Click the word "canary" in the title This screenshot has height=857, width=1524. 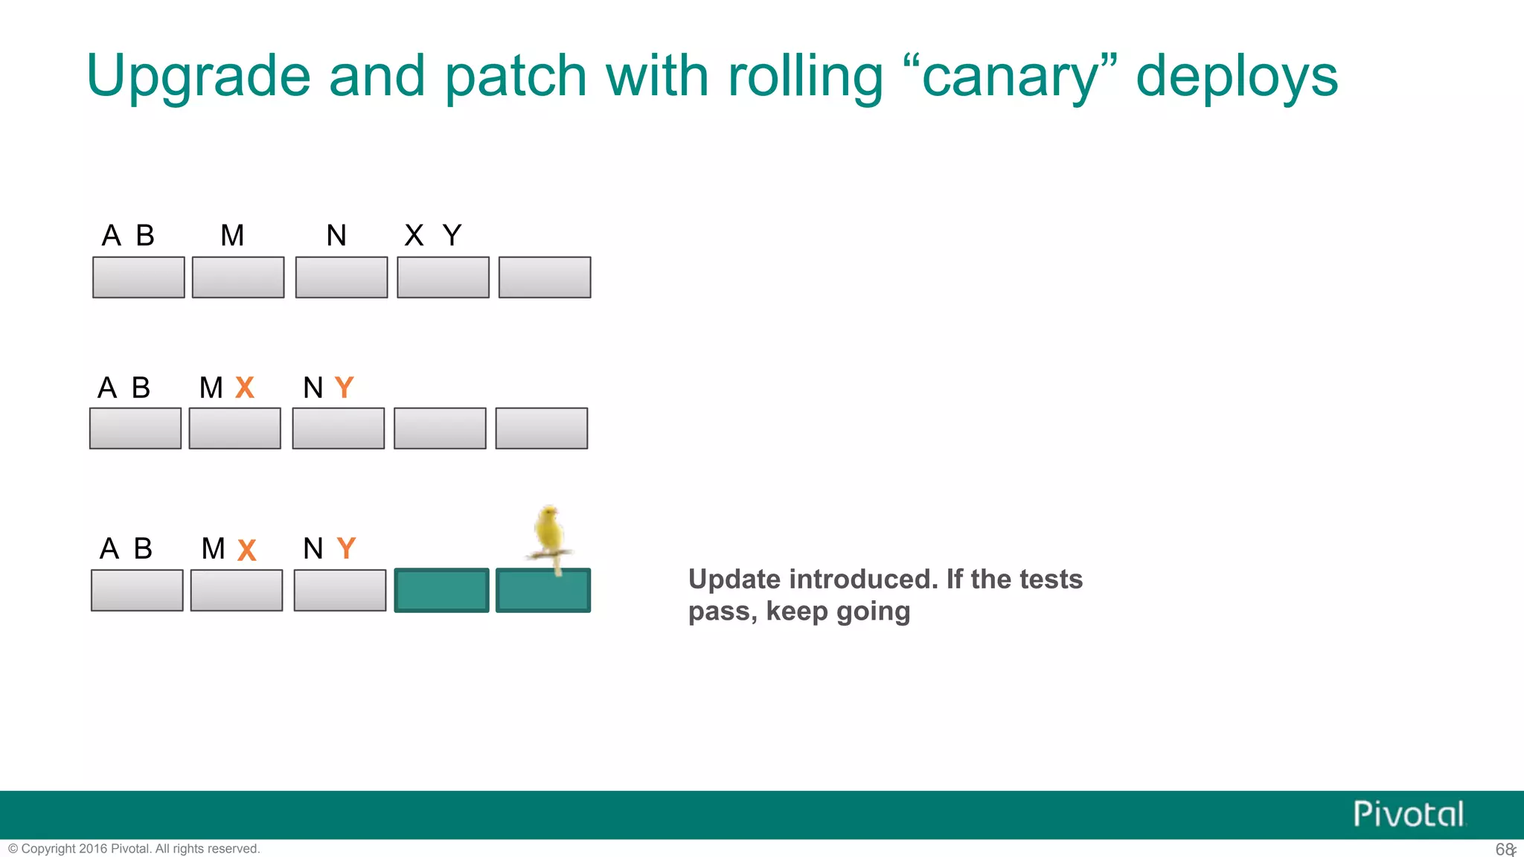(x=1009, y=77)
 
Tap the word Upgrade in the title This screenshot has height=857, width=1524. (x=198, y=77)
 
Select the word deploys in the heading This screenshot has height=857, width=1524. (x=1237, y=77)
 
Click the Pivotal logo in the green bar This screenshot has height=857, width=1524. (x=1408, y=814)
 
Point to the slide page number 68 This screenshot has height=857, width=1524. (x=1504, y=849)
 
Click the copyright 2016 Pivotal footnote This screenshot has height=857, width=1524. (x=134, y=849)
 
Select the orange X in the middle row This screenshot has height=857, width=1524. (x=245, y=388)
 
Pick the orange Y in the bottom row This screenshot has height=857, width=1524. (x=346, y=548)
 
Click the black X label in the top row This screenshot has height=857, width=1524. (x=414, y=236)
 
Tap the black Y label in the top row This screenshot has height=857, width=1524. (x=452, y=236)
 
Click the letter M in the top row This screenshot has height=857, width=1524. (x=232, y=236)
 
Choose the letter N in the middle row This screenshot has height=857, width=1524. (x=313, y=388)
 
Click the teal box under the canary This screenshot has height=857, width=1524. (x=543, y=591)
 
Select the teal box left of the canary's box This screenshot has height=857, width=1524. (x=441, y=591)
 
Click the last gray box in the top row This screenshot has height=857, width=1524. (x=545, y=277)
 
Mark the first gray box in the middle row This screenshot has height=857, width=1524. (x=135, y=428)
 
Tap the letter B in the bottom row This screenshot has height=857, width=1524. (x=143, y=548)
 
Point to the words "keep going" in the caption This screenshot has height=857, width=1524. (x=838, y=612)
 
